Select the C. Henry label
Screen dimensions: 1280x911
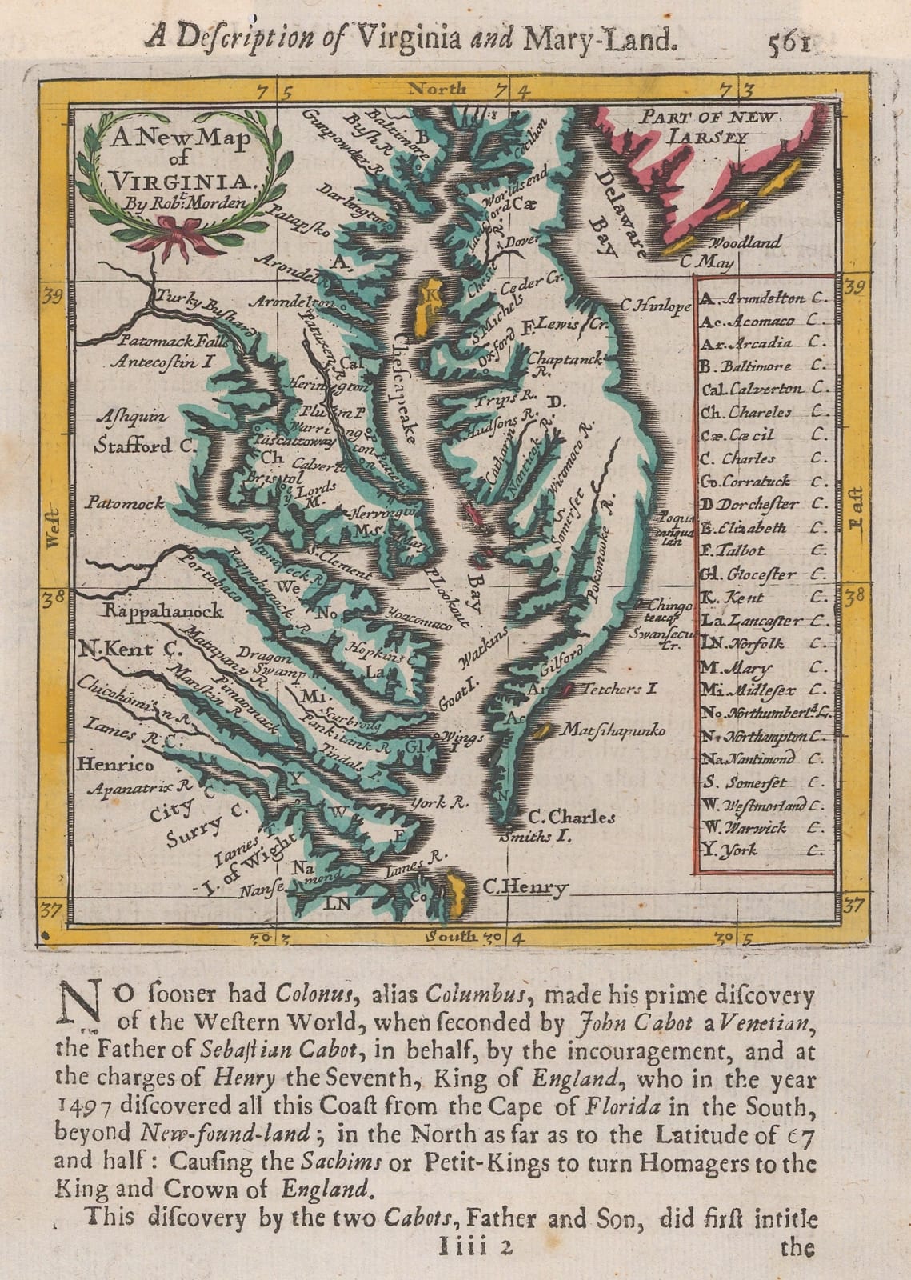[x=525, y=886]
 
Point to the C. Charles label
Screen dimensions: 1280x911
[x=572, y=818]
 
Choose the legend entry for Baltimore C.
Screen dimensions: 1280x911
[x=756, y=366]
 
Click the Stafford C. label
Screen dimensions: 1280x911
[x=145, y=446]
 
